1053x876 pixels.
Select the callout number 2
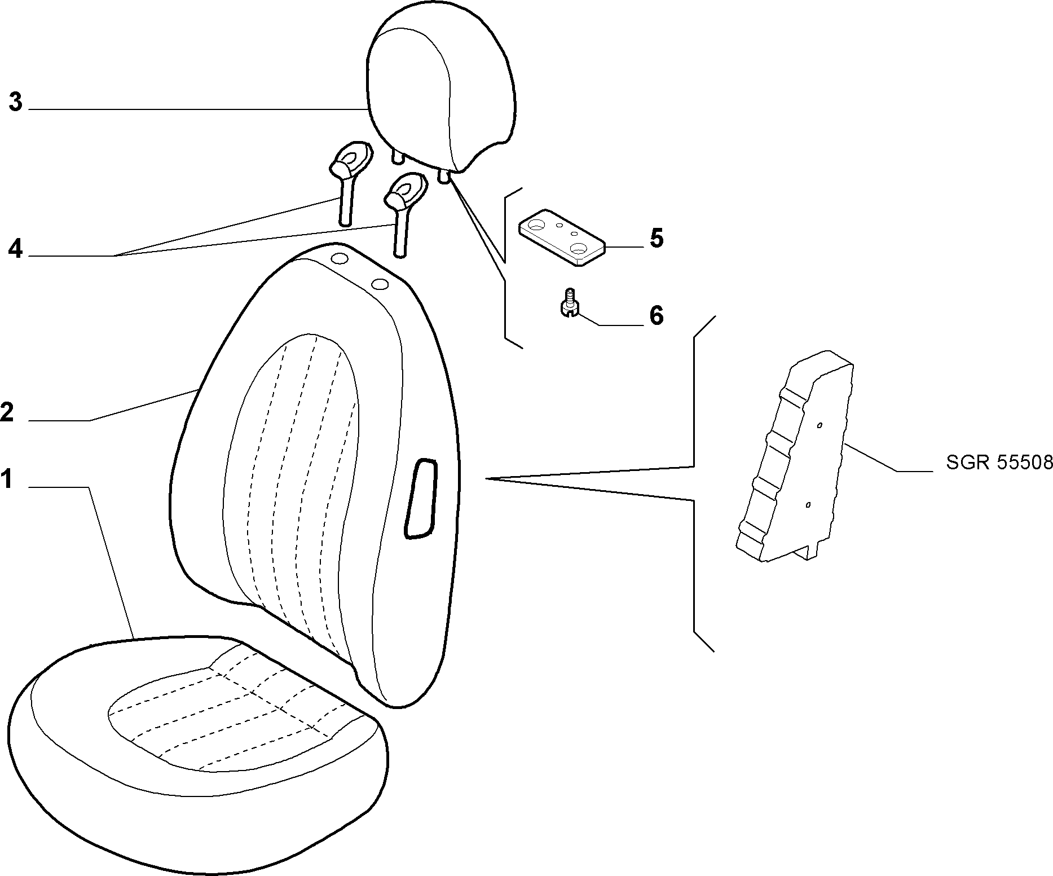[x=7, y=412]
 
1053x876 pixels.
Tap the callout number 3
[x=15, y=103]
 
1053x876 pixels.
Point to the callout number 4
[x=15, y=249]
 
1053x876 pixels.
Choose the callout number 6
[x=656, y=316]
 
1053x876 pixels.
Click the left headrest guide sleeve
[x=350, y=183]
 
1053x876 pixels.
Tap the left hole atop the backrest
[x=340, y=259]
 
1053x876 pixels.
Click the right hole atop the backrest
[x=380, y=284]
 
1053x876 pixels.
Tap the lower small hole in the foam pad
[x=808, y=505]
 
